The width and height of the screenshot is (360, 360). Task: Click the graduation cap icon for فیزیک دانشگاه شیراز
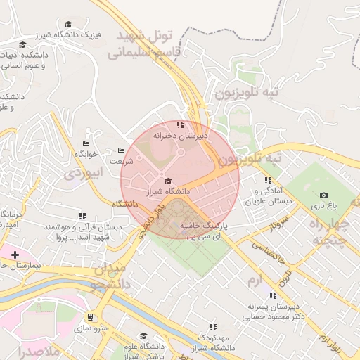(x=67, y=24)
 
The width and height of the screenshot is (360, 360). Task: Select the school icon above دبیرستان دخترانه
(x=180, y=124)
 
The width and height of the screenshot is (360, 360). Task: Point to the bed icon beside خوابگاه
(x=86, y=143)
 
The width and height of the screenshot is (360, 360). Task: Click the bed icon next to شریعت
(x=121, y=150)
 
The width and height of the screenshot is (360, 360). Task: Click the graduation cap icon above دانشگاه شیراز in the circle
(x=167, y=181)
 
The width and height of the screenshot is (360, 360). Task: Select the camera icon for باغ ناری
(x=323, y=195)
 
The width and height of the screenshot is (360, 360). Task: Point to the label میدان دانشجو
(x=109, y=276)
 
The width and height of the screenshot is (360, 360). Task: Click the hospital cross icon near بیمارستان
(x=15, y=254)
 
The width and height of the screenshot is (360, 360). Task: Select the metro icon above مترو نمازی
(x=90, y=317)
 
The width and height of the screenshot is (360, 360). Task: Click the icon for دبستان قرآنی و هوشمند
(x=82, y=216)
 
